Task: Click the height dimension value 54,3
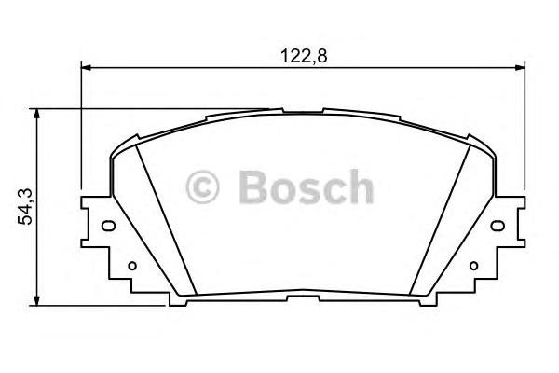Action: [x=25, y=206]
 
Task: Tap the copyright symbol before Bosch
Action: [x=204, y=187]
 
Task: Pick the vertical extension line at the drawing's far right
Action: [x=522, y=131]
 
